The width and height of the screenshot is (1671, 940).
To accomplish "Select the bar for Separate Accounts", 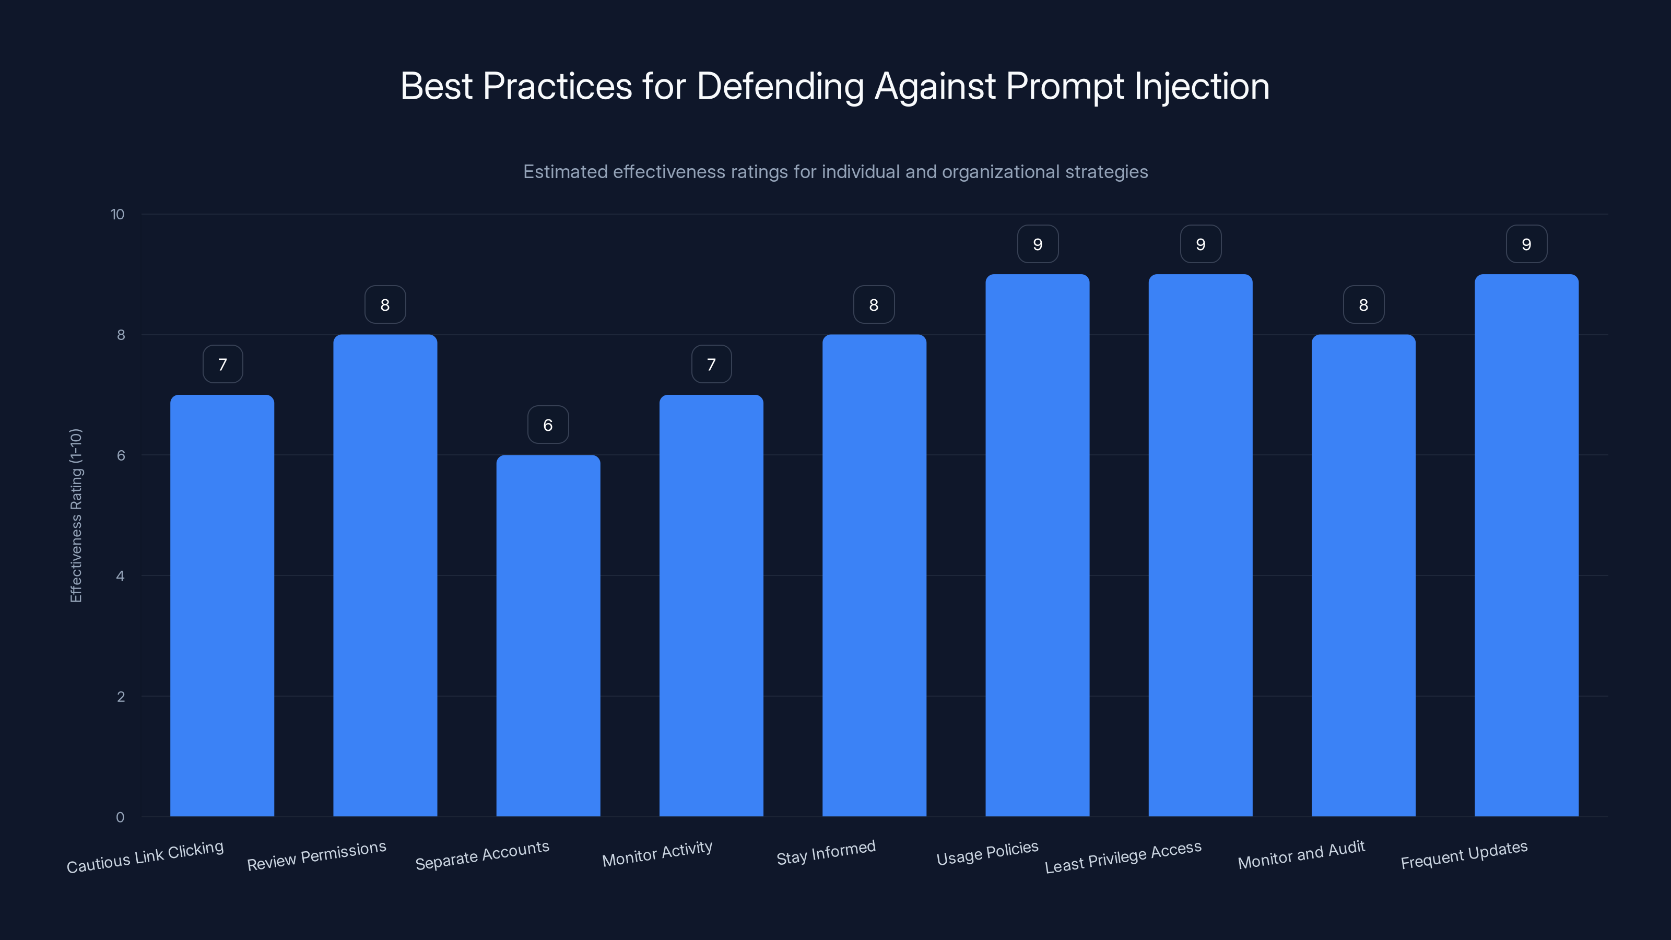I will [548, 636].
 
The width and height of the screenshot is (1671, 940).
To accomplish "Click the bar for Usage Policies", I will [1037, 545].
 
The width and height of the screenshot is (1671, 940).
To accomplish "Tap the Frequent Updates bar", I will [1526, 545].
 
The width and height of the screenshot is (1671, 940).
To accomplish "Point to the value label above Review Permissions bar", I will [385, 305].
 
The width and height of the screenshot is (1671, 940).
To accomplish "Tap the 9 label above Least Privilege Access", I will [1200, 244].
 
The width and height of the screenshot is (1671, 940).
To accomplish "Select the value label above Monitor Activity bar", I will [711, 365].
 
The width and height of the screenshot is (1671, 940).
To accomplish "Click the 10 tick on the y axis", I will [117, 214].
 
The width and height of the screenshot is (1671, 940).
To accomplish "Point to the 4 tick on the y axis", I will [120, 576].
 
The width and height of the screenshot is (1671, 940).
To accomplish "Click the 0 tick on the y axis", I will [120, 817].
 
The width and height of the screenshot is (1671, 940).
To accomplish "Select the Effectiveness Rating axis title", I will [76, 516].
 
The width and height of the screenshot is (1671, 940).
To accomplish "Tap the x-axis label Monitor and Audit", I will [1301, 855].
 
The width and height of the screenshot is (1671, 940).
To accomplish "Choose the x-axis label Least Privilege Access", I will [1123, 857].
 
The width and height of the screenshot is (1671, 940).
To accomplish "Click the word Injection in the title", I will [1202, 86].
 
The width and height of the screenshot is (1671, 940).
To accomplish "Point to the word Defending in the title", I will [780, 86].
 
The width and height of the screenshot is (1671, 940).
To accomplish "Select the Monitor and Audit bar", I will [1363, 575].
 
